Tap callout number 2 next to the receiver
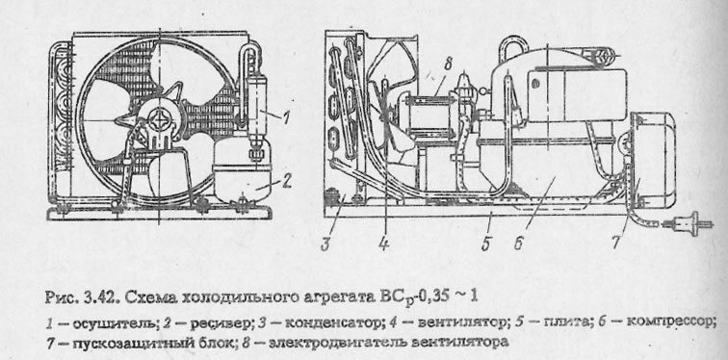tap(287, 178)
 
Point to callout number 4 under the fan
tap(382, 244)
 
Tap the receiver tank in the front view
tap(242, 177)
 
